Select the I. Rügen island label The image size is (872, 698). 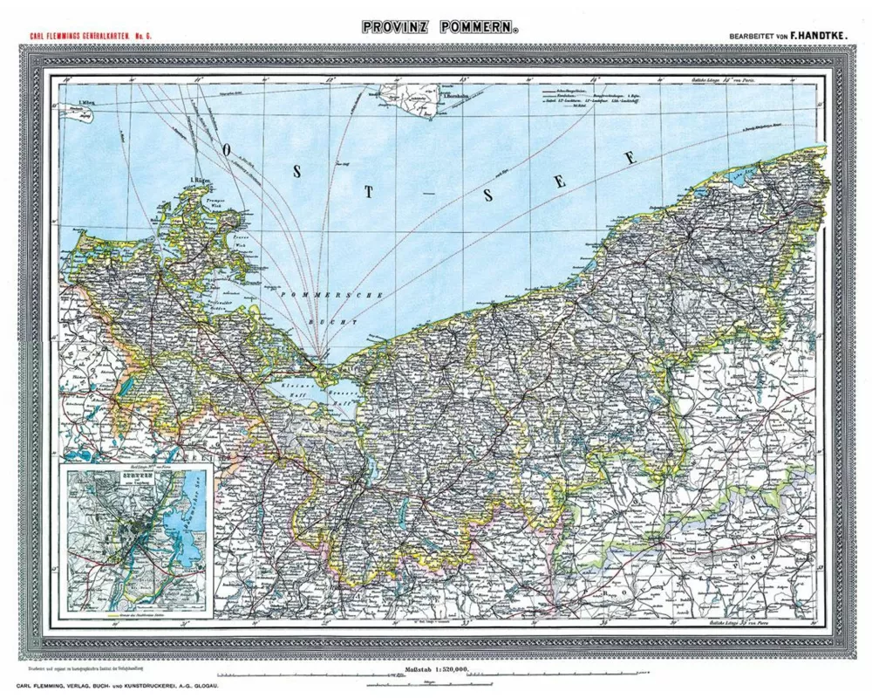click(201, 181)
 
